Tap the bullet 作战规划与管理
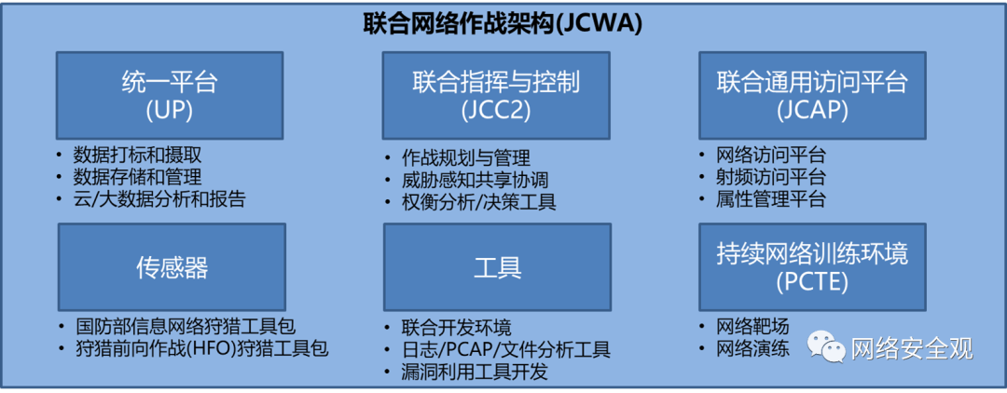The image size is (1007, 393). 466,158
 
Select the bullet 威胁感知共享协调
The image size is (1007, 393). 476,180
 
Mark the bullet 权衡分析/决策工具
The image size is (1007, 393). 479,202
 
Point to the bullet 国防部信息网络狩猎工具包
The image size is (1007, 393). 186,326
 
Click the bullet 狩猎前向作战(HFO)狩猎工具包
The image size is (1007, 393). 202,348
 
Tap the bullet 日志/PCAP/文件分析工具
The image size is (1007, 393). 506,350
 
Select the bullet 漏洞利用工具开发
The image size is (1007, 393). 476,372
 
